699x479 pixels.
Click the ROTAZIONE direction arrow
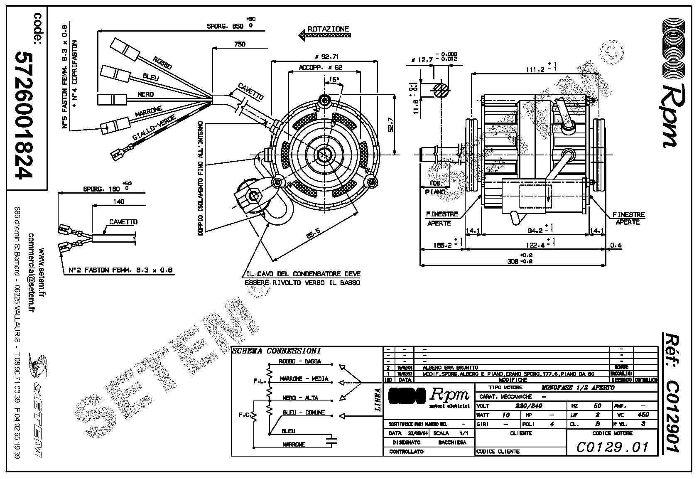[324, 35]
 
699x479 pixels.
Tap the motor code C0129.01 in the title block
[612, 447]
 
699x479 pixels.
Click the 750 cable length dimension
[240, 44]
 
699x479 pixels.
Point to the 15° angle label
[334, 79]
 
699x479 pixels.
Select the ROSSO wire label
[162, 62]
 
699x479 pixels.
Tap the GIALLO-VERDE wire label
[154, 128]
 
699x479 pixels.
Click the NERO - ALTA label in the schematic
[300, 398]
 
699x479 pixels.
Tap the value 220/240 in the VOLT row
[528, 406]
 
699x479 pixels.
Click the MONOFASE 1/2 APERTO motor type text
[578, 387]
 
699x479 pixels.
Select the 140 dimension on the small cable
[118, 202]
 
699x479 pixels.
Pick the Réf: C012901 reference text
[672, 392]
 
